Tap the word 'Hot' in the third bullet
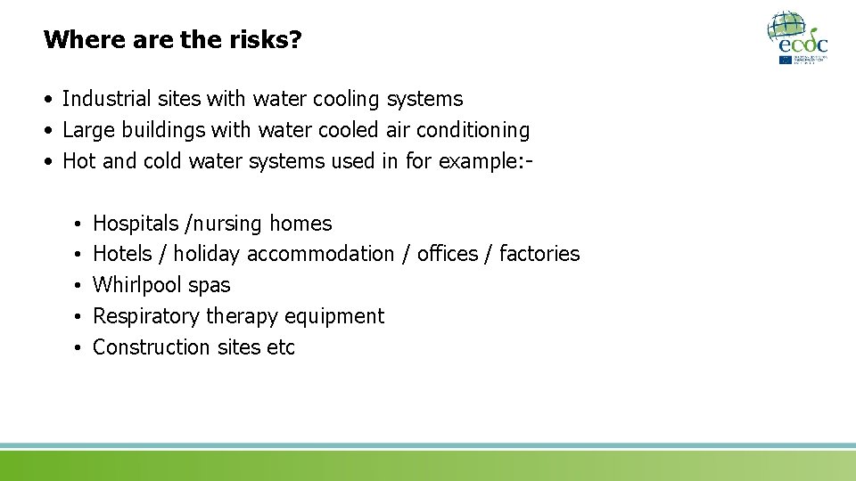(78, 161)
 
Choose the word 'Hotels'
(122, 254)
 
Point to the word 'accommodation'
(320, 254)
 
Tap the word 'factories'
(539, 254)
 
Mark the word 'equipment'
(342, 316)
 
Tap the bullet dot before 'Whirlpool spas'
(78, 286)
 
